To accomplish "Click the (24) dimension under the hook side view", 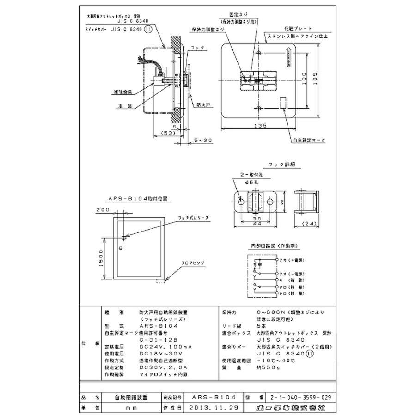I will coord(310,224).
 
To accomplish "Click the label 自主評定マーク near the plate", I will coord(308,140).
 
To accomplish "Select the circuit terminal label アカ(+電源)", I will coord(291,260).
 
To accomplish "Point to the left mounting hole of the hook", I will coord(241,202).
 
